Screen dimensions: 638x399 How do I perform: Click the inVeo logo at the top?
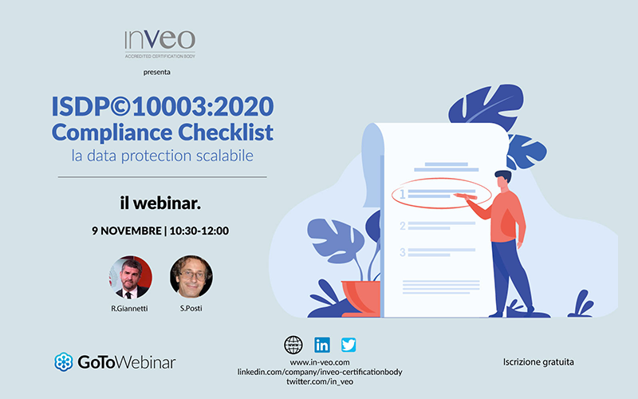tap(160, 44)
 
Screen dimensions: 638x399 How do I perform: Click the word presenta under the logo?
tap(156, 73)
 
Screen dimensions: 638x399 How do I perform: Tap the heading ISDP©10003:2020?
tap(163, 106)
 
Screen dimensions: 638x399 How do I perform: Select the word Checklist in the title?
tap(226, 132)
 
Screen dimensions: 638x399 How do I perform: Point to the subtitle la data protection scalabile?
tap(163, 156)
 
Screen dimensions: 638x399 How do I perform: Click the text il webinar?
tap(160, 203)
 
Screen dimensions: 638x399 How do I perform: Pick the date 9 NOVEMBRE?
tap(127, 231)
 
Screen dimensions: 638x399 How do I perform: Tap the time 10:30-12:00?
tap(199, 231)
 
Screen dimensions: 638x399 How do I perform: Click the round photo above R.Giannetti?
tap(130, 277)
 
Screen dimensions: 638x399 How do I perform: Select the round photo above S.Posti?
tap(191, 277)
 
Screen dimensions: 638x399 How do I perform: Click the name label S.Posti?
tap(191, 308)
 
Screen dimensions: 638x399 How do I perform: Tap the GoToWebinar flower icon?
tap(64, 362)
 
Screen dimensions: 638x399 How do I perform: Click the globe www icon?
tap(293, 346)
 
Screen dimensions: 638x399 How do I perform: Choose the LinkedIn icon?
tap(322, 346)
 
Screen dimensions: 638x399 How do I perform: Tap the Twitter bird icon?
tap(349, 345)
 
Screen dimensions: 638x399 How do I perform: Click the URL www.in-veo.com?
tap(320, 362)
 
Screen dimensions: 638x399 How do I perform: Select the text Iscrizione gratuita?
tap(538, 362)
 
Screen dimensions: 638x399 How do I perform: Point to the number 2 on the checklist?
tap(403, 226)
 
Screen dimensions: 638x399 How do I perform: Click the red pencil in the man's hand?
tap(465, 196)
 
